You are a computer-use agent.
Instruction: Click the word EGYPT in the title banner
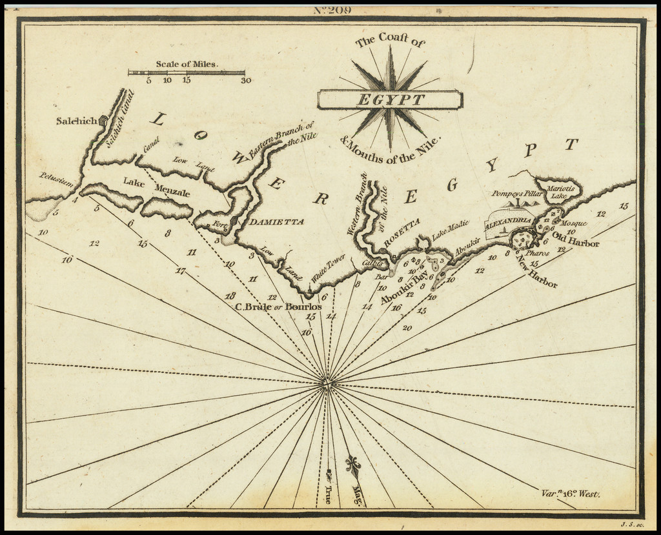tap(390, 100)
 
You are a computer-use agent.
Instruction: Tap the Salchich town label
tap(76, 121)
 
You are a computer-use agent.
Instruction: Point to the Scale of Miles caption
tap(187, 64)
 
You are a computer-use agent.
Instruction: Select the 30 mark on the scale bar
tap(245, 81)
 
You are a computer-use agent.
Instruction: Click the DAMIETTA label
tap(277, 222)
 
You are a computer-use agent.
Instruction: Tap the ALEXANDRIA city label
tap(508, 221)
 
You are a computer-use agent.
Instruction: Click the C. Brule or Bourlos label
tap(278, 307)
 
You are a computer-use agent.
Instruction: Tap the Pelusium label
tap(56, 178)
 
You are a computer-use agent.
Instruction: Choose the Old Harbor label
tap(576, 243)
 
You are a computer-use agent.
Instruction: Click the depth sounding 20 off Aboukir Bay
tap(407, 328)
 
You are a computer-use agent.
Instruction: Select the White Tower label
tap(328, 268)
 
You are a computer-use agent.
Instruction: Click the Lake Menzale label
tap(154, 187)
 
